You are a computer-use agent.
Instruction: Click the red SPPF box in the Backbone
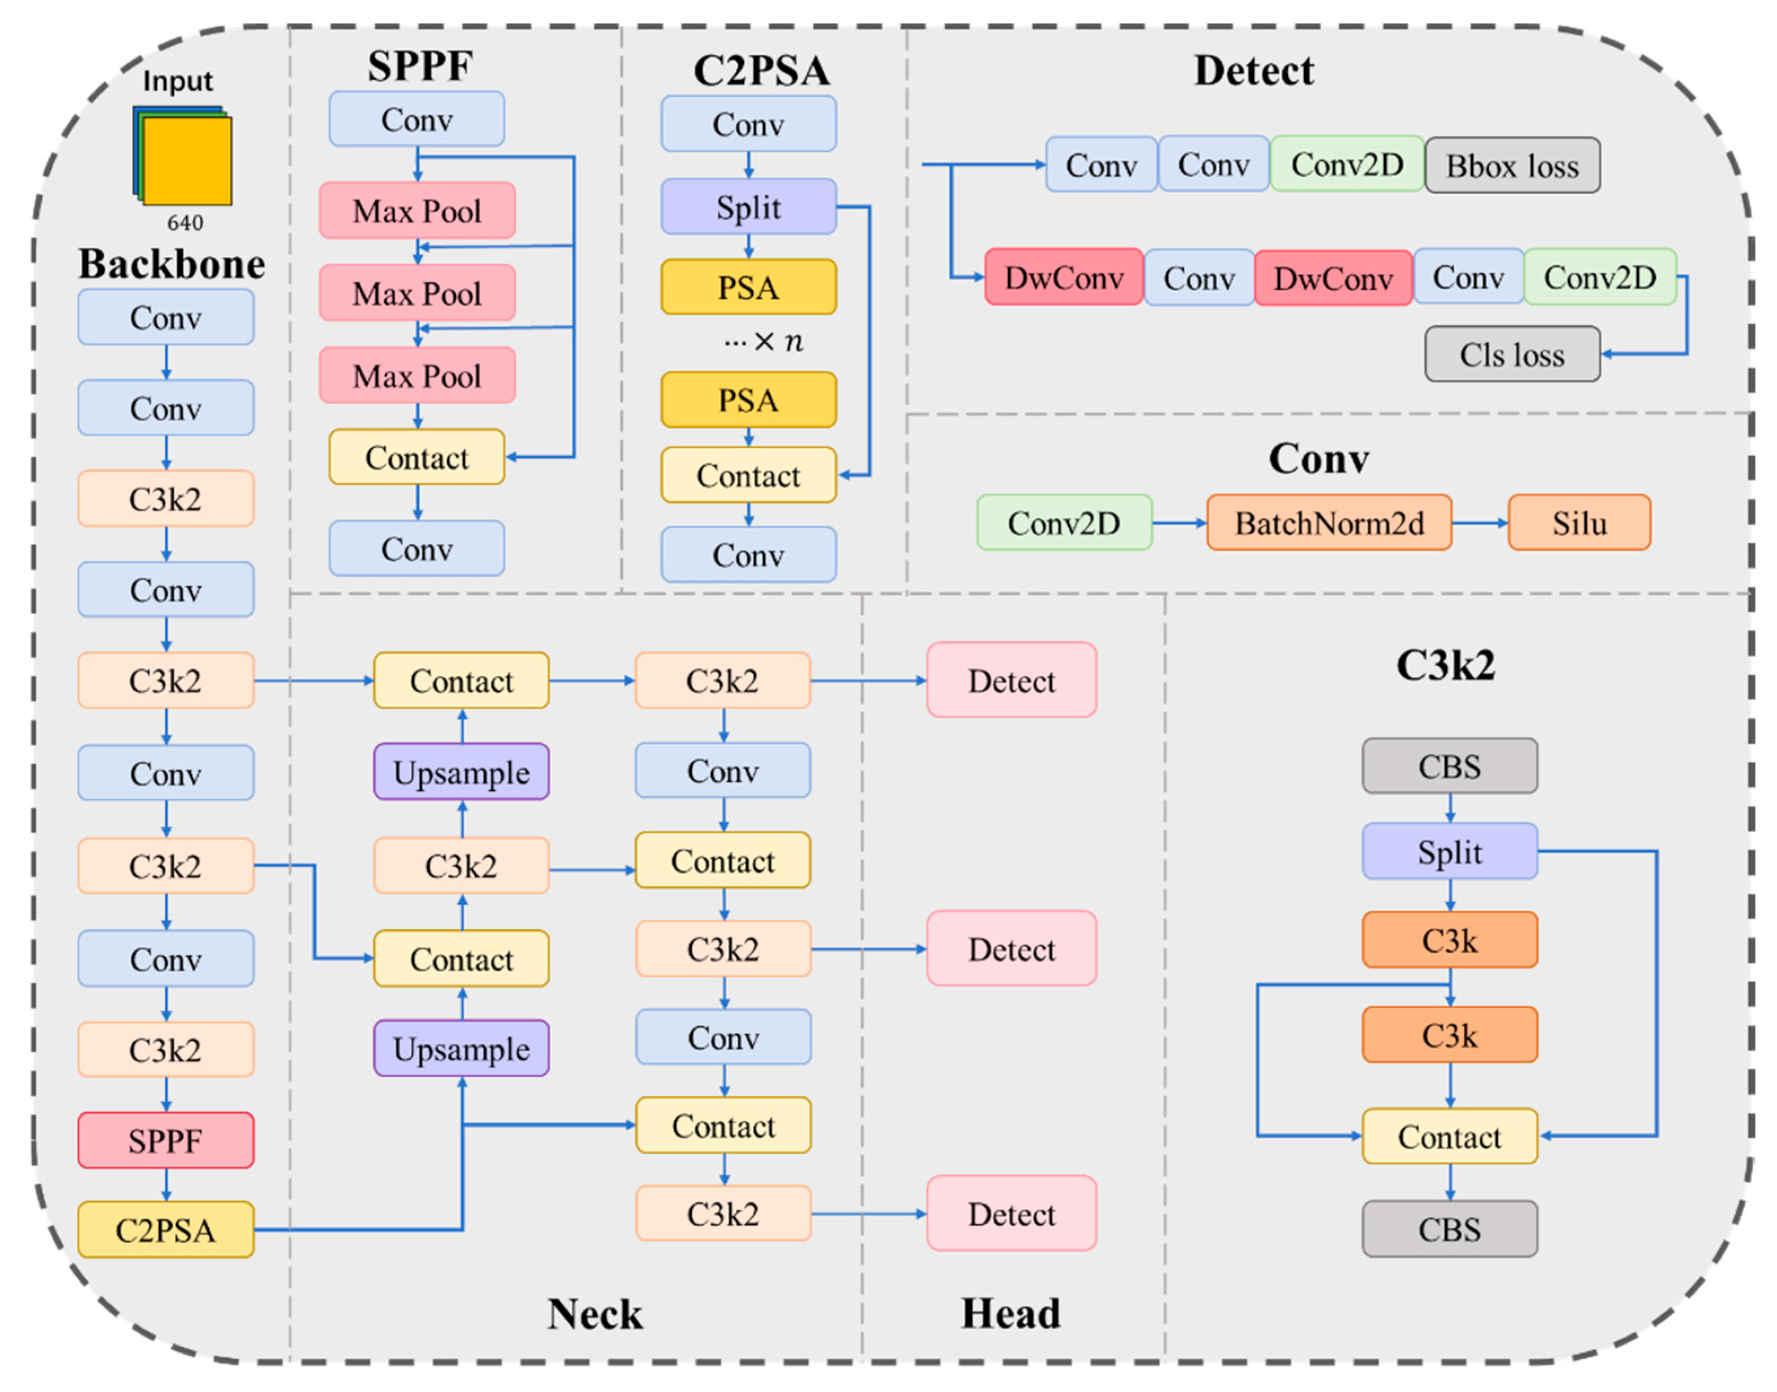click(165, 1140)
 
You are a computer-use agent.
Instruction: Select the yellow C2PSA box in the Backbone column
click(165, 1230)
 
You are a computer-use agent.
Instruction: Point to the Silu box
click(1578, 522)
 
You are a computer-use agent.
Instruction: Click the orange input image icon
click(187, 160)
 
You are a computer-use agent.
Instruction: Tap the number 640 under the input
click(185, 222)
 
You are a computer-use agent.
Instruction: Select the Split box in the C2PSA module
click(748, 207)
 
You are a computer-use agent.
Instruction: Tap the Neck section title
click(594, 1314)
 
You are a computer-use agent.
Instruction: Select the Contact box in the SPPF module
click(416, 457)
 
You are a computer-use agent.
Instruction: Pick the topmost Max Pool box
click(416, 211)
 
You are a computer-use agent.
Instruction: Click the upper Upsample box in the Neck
click(461, 772)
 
